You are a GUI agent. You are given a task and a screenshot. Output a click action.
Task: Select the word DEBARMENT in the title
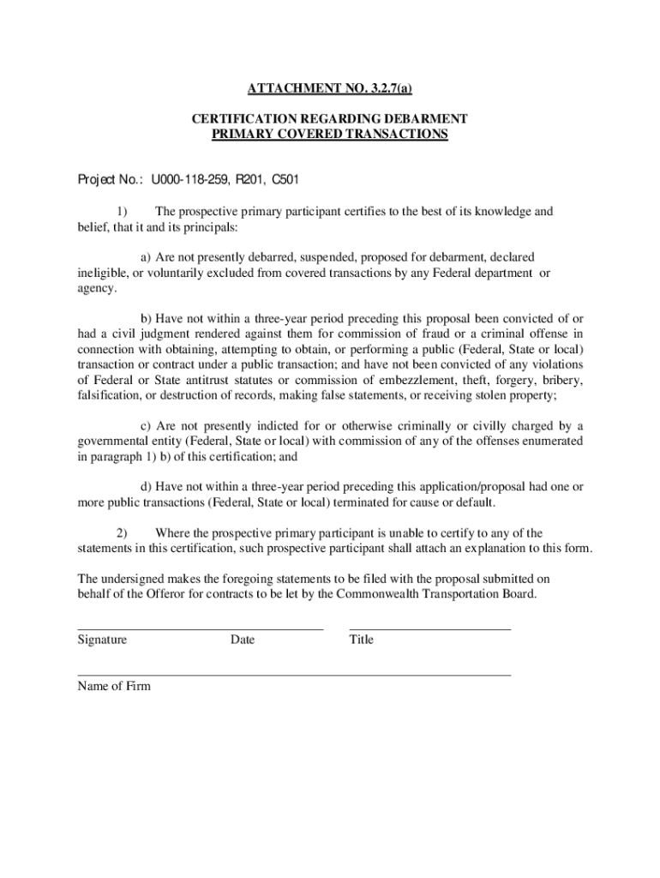point(423,119)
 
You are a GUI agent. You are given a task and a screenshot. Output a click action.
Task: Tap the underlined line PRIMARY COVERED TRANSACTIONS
point(330,135)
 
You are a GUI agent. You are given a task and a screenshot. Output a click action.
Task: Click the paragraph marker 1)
point(121,212)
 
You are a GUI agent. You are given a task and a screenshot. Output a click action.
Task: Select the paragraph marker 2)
point(121,533)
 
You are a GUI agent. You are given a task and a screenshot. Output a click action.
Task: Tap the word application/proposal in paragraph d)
point(425,486)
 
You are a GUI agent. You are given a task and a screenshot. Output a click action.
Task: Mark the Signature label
point(102,640)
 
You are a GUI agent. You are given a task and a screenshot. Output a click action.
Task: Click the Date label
point(242,640)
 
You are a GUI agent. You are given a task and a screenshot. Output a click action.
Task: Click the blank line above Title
point(429,629)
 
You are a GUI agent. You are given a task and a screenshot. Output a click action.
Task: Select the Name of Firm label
point(114,686)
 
